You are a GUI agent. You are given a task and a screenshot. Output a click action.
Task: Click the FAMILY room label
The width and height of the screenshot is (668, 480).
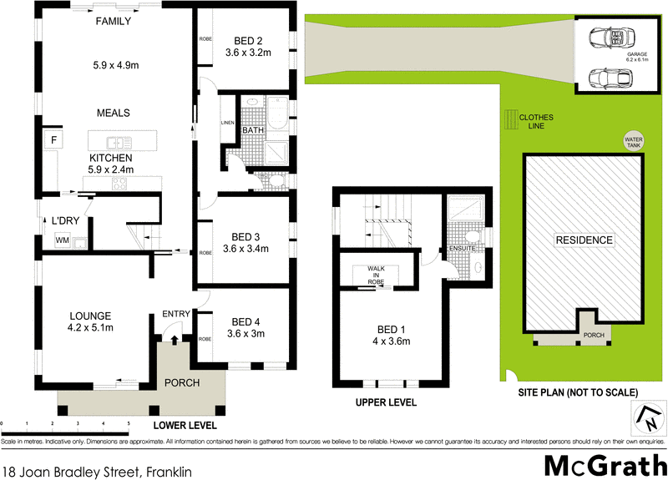pyautogui.click(x=113, y=22)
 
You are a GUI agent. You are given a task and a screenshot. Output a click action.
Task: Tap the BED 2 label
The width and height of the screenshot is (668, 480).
pyautogui.click(x=244, y=40)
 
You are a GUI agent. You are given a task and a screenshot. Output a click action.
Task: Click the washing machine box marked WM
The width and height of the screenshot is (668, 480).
pyautogui.click(x=62, y=240)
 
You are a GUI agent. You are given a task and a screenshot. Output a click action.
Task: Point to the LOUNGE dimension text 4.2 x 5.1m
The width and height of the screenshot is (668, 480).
pyautogui.click(x=90, y=327)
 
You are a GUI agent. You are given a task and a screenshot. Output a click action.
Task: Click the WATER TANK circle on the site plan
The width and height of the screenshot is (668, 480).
pyautogui.click(x=632, y=140)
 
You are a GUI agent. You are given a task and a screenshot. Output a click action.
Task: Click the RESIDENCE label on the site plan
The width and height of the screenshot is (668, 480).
pyautogui.click(x=584, y=240)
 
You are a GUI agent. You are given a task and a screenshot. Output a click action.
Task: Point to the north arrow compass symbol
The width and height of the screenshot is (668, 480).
pyautogui.click(x=644, y=415)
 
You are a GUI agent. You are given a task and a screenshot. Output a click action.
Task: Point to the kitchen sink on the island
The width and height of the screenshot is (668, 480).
pyautogui.click(x=119, y=142)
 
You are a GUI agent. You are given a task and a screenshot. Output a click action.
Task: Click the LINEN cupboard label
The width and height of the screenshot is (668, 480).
pyautogui.click(x=228, y=124)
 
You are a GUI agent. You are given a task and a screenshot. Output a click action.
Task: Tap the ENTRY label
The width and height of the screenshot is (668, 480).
pyautogui.click(x=176, y=313)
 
